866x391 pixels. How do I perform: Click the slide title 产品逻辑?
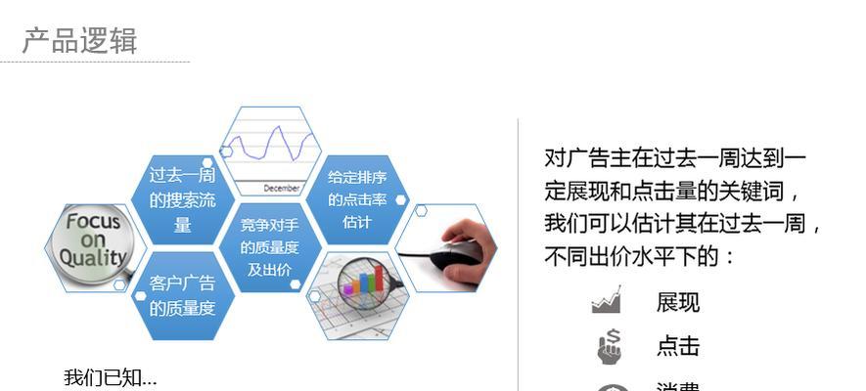pos(80,41)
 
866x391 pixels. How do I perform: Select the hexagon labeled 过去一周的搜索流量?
pos(182,200)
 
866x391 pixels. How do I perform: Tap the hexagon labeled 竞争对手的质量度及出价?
pos(269,247)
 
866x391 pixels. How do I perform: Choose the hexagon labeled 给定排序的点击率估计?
pos(356,199)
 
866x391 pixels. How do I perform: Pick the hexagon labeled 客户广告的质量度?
pos(182,296)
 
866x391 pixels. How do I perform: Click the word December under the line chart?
pos(282,187)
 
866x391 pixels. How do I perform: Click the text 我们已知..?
pos(110,377)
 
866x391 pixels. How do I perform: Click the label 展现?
pos(678,303)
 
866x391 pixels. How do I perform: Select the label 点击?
pos(678,346)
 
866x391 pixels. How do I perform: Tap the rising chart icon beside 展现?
pos(607,300)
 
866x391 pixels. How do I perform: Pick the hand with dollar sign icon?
pos(610,346)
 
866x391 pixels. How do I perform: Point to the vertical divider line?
pos(519,254)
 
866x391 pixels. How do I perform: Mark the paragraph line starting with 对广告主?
pos(675,157)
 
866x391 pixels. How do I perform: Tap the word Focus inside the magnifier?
pos(93,221)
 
